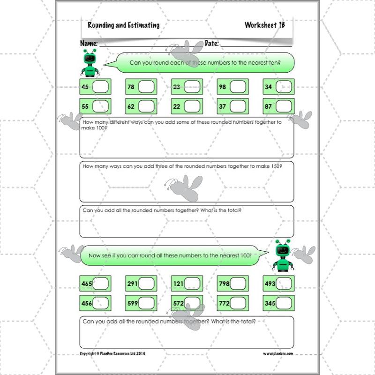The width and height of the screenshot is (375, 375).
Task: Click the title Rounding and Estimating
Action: point(123,25)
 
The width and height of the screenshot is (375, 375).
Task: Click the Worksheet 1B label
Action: point(264,25)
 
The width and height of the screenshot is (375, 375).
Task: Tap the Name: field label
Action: point(89,44)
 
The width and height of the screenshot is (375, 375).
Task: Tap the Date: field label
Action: point(212,44)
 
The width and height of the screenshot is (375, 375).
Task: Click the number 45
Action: point(85,87)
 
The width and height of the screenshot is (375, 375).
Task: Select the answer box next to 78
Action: point(146,87)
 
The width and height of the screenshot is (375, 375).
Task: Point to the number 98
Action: point(222,87)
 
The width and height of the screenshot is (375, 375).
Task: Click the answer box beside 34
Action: point(284,87)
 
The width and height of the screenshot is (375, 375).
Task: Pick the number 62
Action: point(131,106)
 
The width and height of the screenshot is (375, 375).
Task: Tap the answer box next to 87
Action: point(284,106)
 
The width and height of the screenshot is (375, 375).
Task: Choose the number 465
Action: point(87,284)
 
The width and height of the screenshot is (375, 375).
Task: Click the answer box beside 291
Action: point(146,283)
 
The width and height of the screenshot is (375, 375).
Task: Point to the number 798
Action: point(224,284)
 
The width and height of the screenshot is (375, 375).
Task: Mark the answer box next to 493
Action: point(284,283)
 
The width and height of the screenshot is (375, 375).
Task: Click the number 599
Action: point(133,303)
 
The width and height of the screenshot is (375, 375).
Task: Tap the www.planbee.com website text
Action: point(277,353)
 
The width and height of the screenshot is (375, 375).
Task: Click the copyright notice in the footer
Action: point(112,353)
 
